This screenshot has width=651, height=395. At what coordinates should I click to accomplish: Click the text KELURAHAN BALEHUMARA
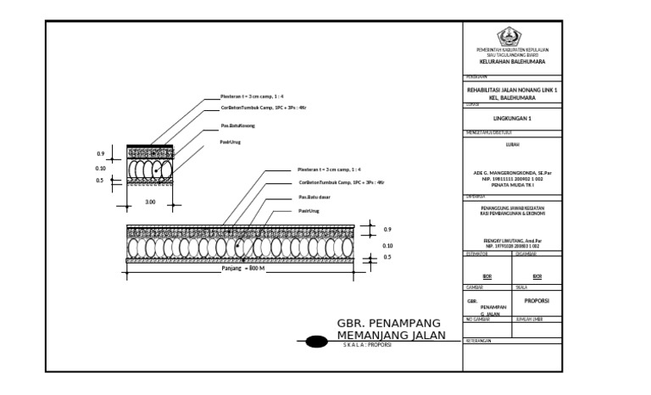pos(512,62)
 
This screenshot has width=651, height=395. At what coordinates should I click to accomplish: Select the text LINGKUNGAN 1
pos(512,119)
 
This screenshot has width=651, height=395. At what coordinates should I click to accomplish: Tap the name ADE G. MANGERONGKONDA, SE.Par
pos(512,174)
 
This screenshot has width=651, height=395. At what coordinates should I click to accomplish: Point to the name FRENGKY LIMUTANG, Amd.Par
pos(512,241)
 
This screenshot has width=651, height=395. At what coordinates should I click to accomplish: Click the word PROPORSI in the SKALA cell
pos(537,300)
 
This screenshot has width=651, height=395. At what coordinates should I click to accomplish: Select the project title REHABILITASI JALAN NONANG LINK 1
pos(512,90)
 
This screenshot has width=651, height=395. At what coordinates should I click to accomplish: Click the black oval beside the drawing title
pos(315,342)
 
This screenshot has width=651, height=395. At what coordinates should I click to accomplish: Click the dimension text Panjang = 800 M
pos(244,269)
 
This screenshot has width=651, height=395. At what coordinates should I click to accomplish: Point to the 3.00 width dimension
pos(150,202)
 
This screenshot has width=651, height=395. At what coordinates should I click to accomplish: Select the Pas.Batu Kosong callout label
pos(237,125)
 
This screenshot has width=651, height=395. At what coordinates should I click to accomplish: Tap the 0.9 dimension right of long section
pos(387,230)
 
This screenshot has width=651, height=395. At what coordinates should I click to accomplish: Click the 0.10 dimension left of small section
pos(100,168)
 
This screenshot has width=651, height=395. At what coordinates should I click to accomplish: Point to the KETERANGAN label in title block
pos(480,340)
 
